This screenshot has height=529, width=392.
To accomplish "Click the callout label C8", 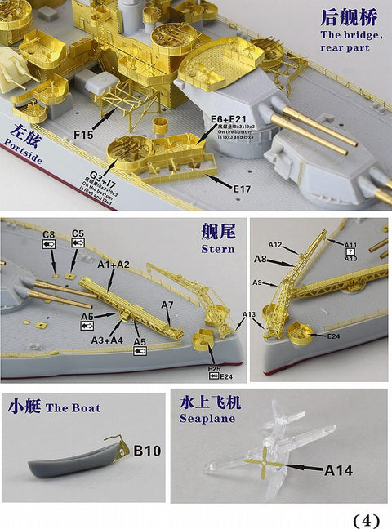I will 50,234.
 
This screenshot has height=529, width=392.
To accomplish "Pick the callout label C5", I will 78,234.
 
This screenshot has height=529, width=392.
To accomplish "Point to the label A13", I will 247,315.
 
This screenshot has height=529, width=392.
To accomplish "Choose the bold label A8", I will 261,259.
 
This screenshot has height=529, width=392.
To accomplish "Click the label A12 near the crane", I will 275,245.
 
